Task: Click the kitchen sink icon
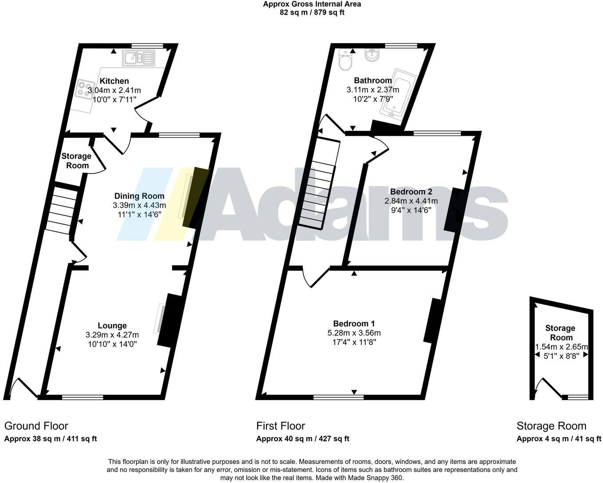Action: tap(139, 58)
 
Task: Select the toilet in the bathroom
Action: tap(345, 59)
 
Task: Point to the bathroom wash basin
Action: tap(372, 55)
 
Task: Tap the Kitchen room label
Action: tap(114, 81)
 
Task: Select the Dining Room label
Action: tap(139, 196)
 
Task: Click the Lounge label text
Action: tap(112, 325)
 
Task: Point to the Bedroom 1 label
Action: tap(354, 323)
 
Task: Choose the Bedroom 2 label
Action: tap(411, 191)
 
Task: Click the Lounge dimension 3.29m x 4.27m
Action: tap(112, 335)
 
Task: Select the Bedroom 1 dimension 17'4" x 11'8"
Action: tap(354, 342)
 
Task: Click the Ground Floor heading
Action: tap(36, 426)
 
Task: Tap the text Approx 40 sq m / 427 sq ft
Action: tap(302, 439)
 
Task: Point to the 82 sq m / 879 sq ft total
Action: tap(312, 12)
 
